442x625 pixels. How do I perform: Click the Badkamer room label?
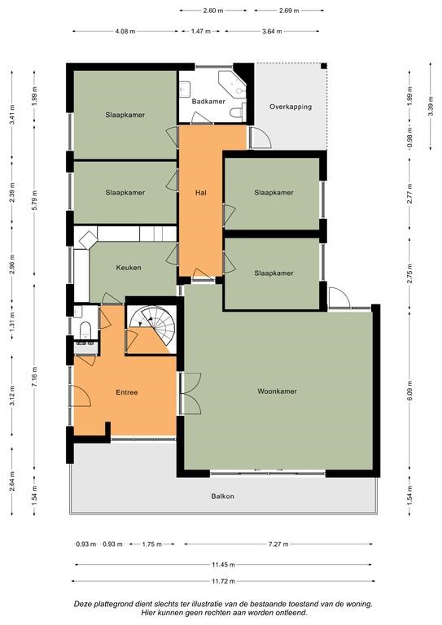[x=208, y=102]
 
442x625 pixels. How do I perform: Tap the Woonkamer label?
[x=277, y=391]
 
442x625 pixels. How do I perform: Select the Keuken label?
[x=129, y=268]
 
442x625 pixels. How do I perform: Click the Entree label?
[x=127, y=392]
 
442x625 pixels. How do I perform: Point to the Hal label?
[x=201, y=193]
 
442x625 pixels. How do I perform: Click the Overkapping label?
[x=291, y=107]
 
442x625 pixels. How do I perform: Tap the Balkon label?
[x=222, y=496]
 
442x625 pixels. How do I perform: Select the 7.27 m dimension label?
[x=279, y=544]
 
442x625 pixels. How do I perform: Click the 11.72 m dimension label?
[x=222, y=582]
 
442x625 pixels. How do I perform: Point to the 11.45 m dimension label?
[x=223, y=565]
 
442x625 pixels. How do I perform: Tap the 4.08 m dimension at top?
[x=125, y=31]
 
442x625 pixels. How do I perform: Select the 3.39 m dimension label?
[x=431, y=107]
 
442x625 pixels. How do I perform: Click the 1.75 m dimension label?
[x=152, y=544]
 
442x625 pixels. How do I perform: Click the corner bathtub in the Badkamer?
[x=232, y=85]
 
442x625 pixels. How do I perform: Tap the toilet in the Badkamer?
[x=238, y=111]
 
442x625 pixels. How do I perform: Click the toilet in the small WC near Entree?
[x=85, y=330]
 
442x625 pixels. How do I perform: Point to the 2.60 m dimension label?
[x=212, y=11]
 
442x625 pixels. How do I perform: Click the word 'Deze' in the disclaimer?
[x=82, y=605]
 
